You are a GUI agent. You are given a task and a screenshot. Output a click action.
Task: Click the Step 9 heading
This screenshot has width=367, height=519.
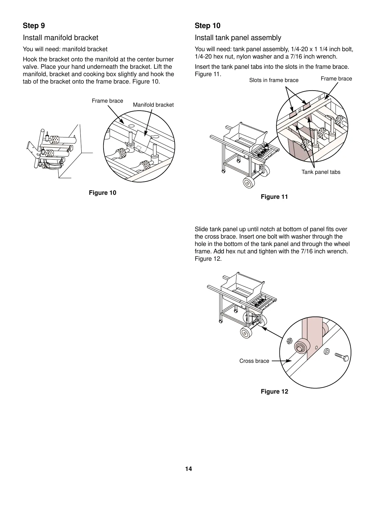pyautogui.click(x=34, y=26)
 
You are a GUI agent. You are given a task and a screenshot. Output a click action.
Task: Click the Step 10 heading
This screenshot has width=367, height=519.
pyautogui.click(x=207, y=26)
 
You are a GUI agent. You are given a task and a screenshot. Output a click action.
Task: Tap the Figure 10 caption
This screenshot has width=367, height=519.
pyautogui.click(x=103, y=193)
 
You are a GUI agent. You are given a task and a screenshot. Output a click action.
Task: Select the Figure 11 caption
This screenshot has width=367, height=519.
pyautogui.click(x=274, y=197)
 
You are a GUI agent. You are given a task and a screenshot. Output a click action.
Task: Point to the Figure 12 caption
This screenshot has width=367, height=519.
pyautogui.click(x=274, y=392)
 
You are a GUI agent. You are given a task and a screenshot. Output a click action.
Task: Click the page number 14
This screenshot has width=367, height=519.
pyautogui.click(x=189, y=469)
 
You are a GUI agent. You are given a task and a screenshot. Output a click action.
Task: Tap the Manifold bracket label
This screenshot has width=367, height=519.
pyautogui.click(x=153, y=105)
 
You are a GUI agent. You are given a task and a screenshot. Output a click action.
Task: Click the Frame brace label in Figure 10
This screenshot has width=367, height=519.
pyautogui.click(x=107, y=101)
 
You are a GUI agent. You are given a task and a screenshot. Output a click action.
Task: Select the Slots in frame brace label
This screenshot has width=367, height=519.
pyautogui.click(x=274, y=80)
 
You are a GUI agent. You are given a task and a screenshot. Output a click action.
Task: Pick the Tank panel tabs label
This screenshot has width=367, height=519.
pyautogui.click(x=321, y=172)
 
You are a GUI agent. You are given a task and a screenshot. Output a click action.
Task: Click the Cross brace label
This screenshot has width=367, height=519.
pyautogui.click(x=254, y=361)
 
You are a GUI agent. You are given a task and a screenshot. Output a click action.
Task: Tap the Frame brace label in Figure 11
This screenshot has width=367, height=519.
pyautogui.click(x=336, y=79)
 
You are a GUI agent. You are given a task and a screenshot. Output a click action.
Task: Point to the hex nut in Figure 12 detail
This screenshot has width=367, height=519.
pyautogui.click(x=289, y=341)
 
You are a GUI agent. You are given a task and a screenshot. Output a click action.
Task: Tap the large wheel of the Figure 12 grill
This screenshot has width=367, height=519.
pyautogui.click(x=246, y=333)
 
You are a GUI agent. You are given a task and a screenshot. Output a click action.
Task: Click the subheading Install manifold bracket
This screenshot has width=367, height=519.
pyautogui.click(x=60, y=38)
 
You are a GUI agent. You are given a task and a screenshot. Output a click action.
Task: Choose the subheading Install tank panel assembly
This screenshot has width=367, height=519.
pyautogui.click(x=238, y=38)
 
